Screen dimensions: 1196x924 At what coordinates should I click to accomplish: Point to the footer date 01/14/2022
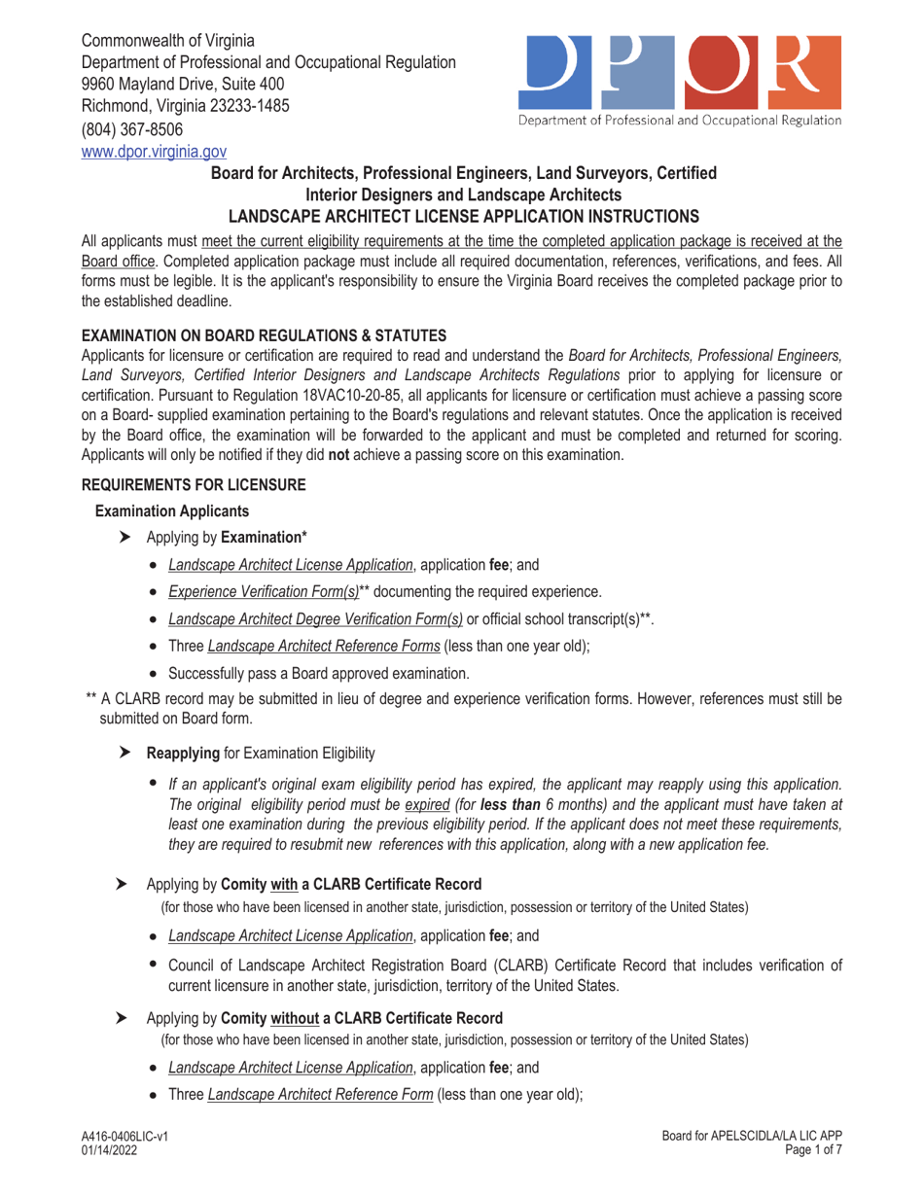(108, 1149)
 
